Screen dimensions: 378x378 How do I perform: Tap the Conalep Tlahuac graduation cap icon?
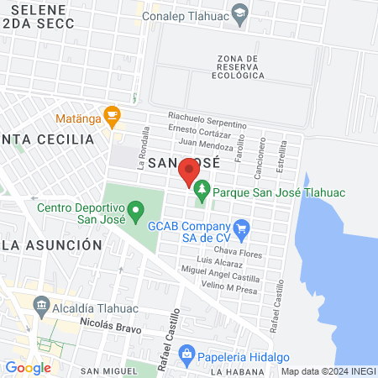click(239, 13)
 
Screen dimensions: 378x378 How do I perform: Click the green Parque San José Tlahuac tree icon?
click(202, 192)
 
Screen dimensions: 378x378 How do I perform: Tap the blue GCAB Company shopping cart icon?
click(242, 226)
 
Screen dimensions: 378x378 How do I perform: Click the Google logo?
click(28, 367)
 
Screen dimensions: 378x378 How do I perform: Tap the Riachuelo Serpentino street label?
click(207, 118)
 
